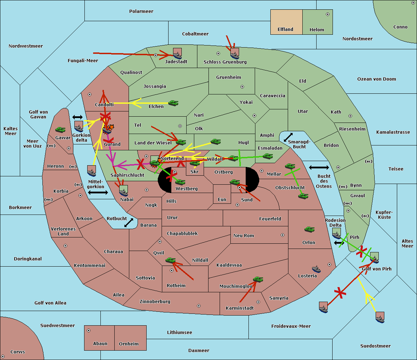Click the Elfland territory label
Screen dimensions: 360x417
(x=285, y=30)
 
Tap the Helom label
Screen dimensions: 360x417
(x=317, y=30)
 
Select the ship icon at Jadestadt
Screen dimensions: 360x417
(x=177, y=54)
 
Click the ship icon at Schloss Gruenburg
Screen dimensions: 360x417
(x=235, y=54)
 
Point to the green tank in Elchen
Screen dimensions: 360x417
(x=173, y=103)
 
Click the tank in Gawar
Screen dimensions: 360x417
(x=60, y=130)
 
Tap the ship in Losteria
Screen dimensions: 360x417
(x=316, y=269)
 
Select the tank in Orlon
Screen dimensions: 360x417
(x=309, y=229)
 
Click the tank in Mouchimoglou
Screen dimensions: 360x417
(x=258, y=279)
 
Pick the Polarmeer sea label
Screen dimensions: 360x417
(x=141, y=11)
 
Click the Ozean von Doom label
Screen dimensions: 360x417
(x=376, y=79)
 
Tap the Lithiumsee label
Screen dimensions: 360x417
(x=179, y=333)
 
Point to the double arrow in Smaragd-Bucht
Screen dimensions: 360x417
(x=288, y=137)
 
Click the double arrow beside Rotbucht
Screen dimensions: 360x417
(x=129, y=223)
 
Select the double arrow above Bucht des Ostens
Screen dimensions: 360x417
(x=319, y=168)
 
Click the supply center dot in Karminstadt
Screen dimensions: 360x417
(x=258, y=302)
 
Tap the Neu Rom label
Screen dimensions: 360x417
(x=244, y=236)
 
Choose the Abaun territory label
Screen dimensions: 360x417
(x=100, y=344)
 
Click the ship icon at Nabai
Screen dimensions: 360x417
(x=123, y=191)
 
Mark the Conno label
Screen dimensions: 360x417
(x=400, y=27)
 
